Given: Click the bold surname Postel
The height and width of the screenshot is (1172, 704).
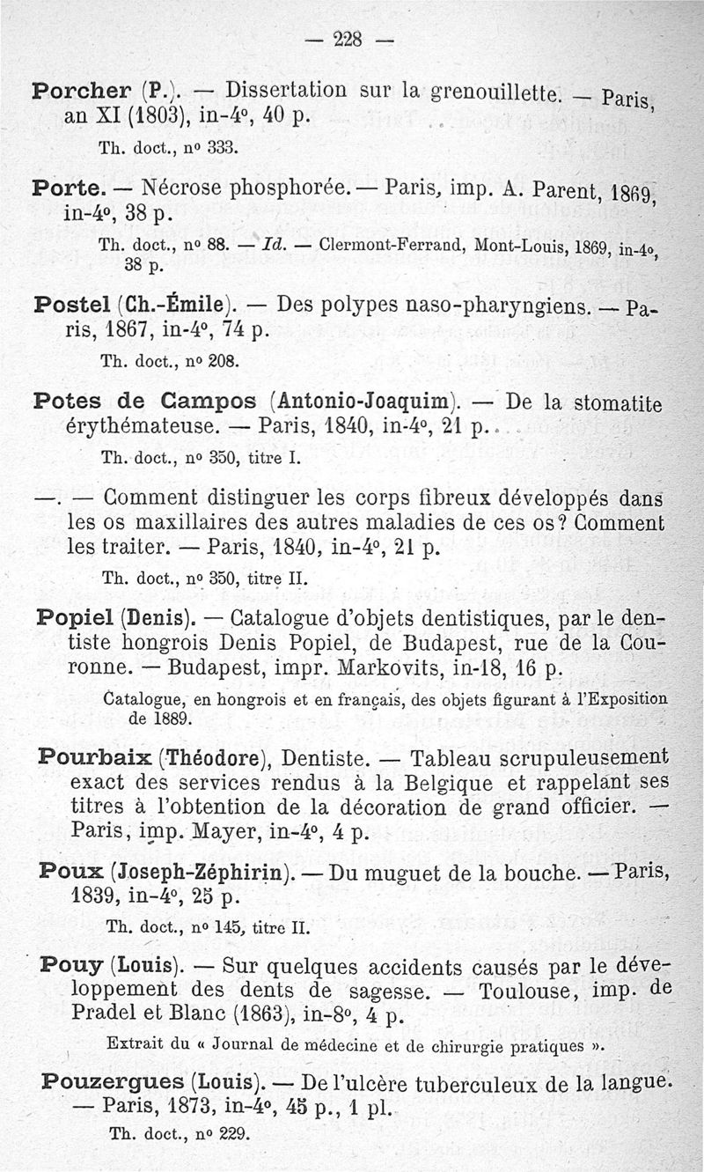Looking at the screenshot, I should pos(72,305).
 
